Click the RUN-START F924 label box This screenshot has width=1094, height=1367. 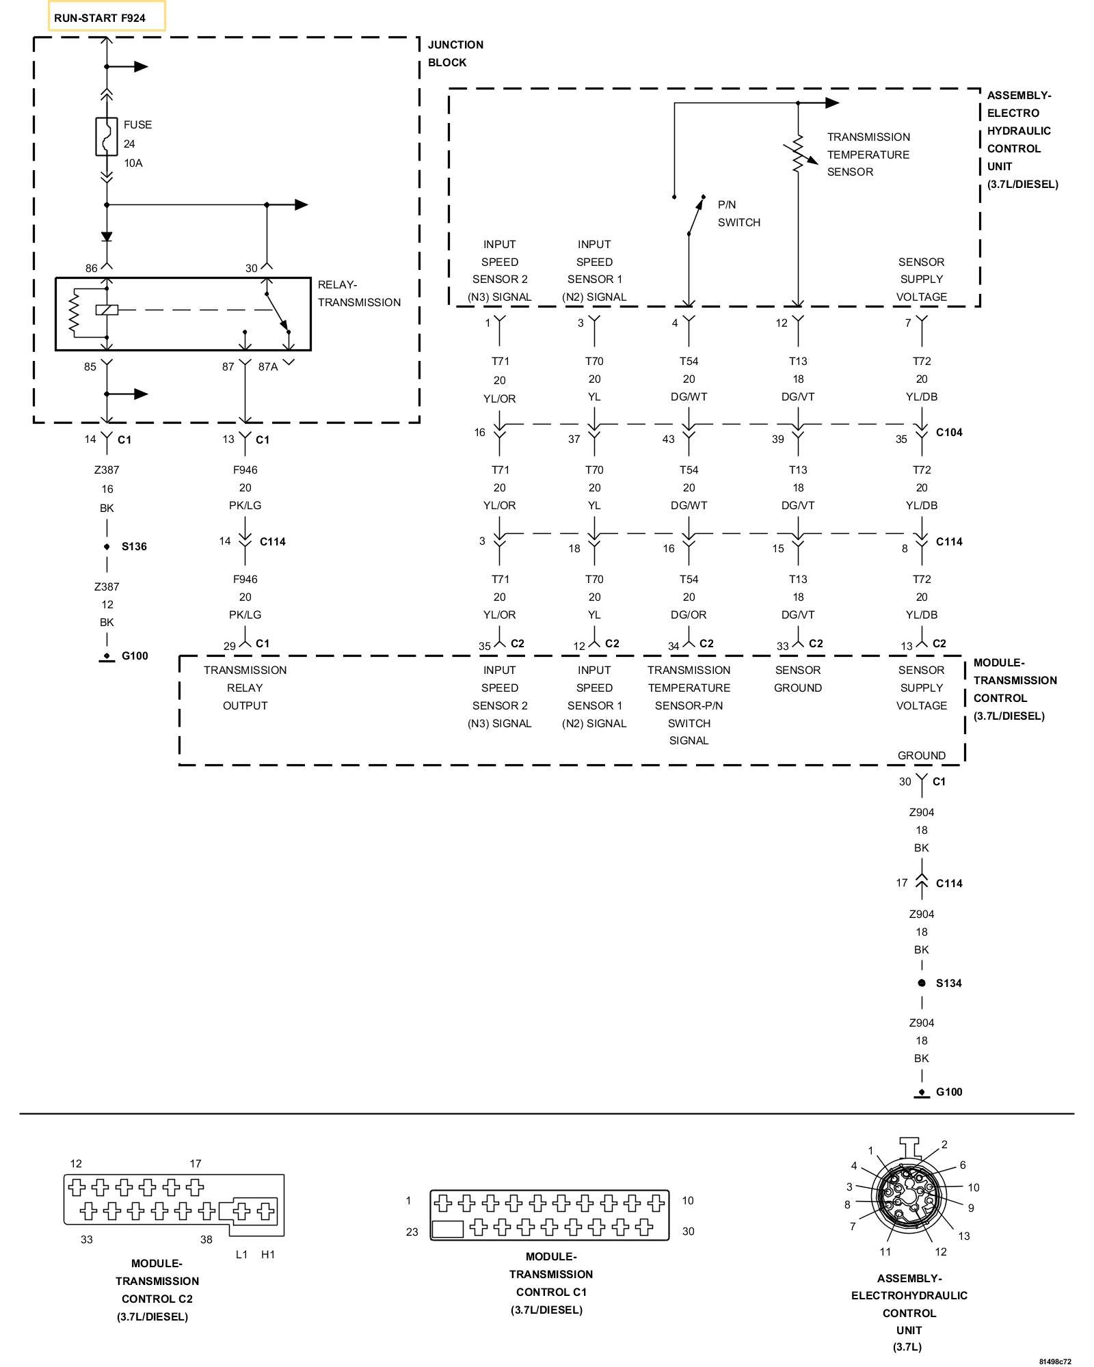106,16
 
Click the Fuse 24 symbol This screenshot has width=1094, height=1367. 107,137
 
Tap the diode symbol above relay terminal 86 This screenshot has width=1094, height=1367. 107,236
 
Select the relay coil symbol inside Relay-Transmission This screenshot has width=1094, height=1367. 107,310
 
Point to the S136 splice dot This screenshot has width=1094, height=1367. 107,547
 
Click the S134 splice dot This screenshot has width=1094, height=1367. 922,983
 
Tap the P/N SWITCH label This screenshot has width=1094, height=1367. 738,213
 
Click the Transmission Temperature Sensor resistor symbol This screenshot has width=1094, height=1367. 798,154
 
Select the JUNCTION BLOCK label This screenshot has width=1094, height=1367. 455,53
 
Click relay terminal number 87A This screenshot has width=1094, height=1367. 268,367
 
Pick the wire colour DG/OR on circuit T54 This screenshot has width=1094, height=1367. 689,614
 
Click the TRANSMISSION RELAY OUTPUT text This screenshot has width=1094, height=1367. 245,688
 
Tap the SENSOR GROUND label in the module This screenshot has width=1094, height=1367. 798,679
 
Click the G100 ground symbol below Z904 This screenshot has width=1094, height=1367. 922,1092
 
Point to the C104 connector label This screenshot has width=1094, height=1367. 949,433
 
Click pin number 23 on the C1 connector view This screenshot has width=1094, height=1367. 412,1232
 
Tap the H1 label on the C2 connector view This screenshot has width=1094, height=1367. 268,1254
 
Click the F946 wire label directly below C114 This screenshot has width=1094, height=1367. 245,579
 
